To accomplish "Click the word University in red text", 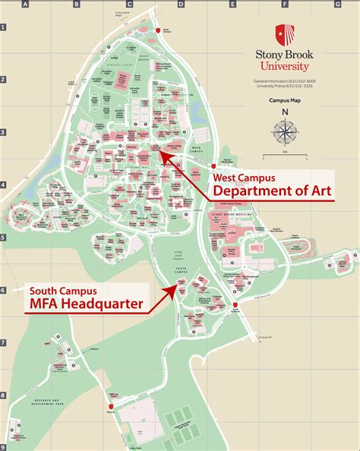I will tap(285, 66).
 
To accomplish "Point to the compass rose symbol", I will tap(285, 132).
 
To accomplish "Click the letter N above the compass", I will tap(285, 113).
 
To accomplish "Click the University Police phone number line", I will tap(285, 87).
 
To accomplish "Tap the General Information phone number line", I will tap(285, 80).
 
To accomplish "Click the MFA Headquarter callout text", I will tap(86, 304).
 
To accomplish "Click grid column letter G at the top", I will tap(336, 4).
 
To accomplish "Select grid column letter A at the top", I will tap(26, 4).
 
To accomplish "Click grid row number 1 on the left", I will tap(3, 27).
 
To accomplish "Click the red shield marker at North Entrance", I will tap(158, 30).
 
